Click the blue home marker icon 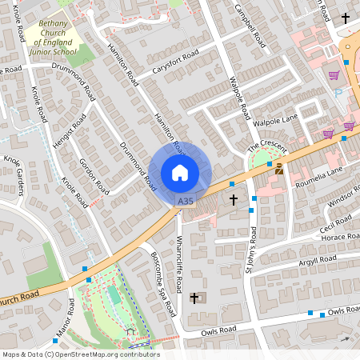tap(180, 173)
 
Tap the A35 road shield tap(186, 202)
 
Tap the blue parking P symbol tap(338, 94)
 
